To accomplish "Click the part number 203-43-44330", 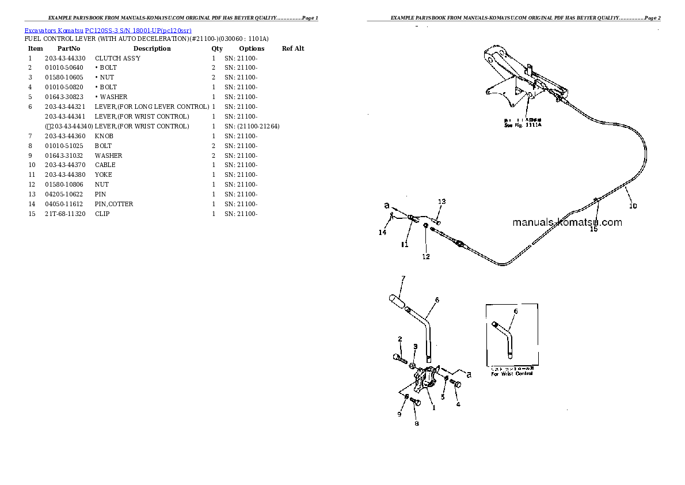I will point(65,58).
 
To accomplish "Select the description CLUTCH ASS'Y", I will point(117,58).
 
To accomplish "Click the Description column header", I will point(152,48).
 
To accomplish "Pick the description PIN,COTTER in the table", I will point(114,204).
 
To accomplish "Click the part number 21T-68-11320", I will point(65,214).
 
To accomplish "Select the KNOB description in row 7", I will point(104,136).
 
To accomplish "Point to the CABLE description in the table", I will point(105,165).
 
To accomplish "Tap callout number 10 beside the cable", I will point(633,206).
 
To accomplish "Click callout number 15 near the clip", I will point(593,229).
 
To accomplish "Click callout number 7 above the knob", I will point(403,279).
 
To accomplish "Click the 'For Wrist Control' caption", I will point(512,374).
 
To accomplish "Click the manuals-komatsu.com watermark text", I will point(566,222).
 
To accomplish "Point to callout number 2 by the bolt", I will point(399,339).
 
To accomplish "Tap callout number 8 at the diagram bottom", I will point(416,424).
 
